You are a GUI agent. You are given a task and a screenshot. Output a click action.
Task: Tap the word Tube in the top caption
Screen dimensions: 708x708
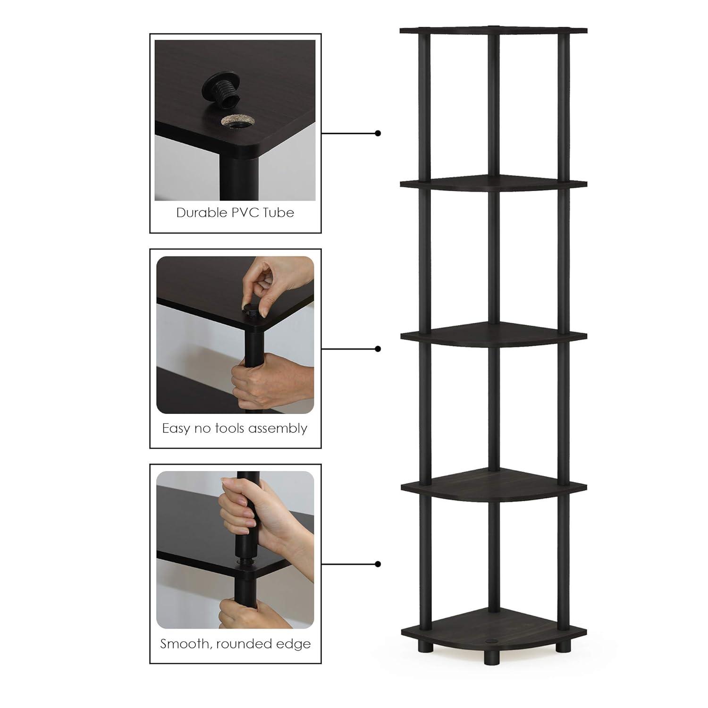[278, 213]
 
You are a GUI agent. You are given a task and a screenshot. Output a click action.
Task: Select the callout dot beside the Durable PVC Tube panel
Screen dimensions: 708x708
[378, 134]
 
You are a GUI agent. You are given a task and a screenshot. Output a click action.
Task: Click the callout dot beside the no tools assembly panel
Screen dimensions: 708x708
[378, 349]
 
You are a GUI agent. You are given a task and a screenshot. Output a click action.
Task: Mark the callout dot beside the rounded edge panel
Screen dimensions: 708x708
[378, 564]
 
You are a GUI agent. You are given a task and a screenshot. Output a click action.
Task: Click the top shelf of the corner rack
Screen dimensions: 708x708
[493, 31]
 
